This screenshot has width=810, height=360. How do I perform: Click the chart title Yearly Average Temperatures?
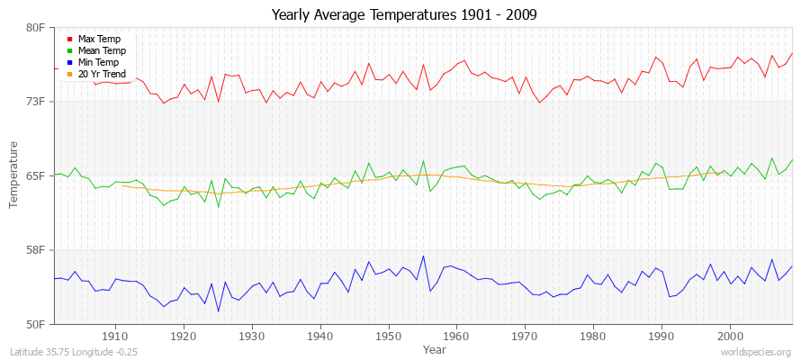[x=405, y=15]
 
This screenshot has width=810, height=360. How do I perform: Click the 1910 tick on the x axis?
[x=115, y=336]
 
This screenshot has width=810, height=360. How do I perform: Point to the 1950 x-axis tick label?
[x=388, y=336]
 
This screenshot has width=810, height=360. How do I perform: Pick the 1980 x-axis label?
[x=593, y=336]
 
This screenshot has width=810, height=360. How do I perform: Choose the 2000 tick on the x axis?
[x=730, y=336]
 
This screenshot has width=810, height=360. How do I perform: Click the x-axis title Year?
[x=434, y=349]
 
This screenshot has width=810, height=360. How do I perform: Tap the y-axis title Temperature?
[x=13, y=175]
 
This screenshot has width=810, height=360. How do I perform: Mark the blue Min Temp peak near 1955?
[x=423, y=256]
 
